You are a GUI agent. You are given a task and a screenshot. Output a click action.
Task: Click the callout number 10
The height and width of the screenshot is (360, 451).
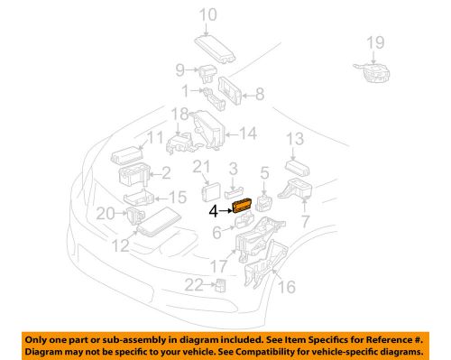(x=208, y=14)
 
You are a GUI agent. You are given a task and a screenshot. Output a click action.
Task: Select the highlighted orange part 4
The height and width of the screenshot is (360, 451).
(x=243, y=207)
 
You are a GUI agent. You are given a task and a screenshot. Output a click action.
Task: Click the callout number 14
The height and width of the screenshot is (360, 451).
(x=248, y=134)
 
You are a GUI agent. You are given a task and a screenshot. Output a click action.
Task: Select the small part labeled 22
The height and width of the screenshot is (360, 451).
(x=221, y=287)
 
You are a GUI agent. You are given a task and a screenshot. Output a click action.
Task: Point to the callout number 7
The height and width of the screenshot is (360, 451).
(x=305, y=221)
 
